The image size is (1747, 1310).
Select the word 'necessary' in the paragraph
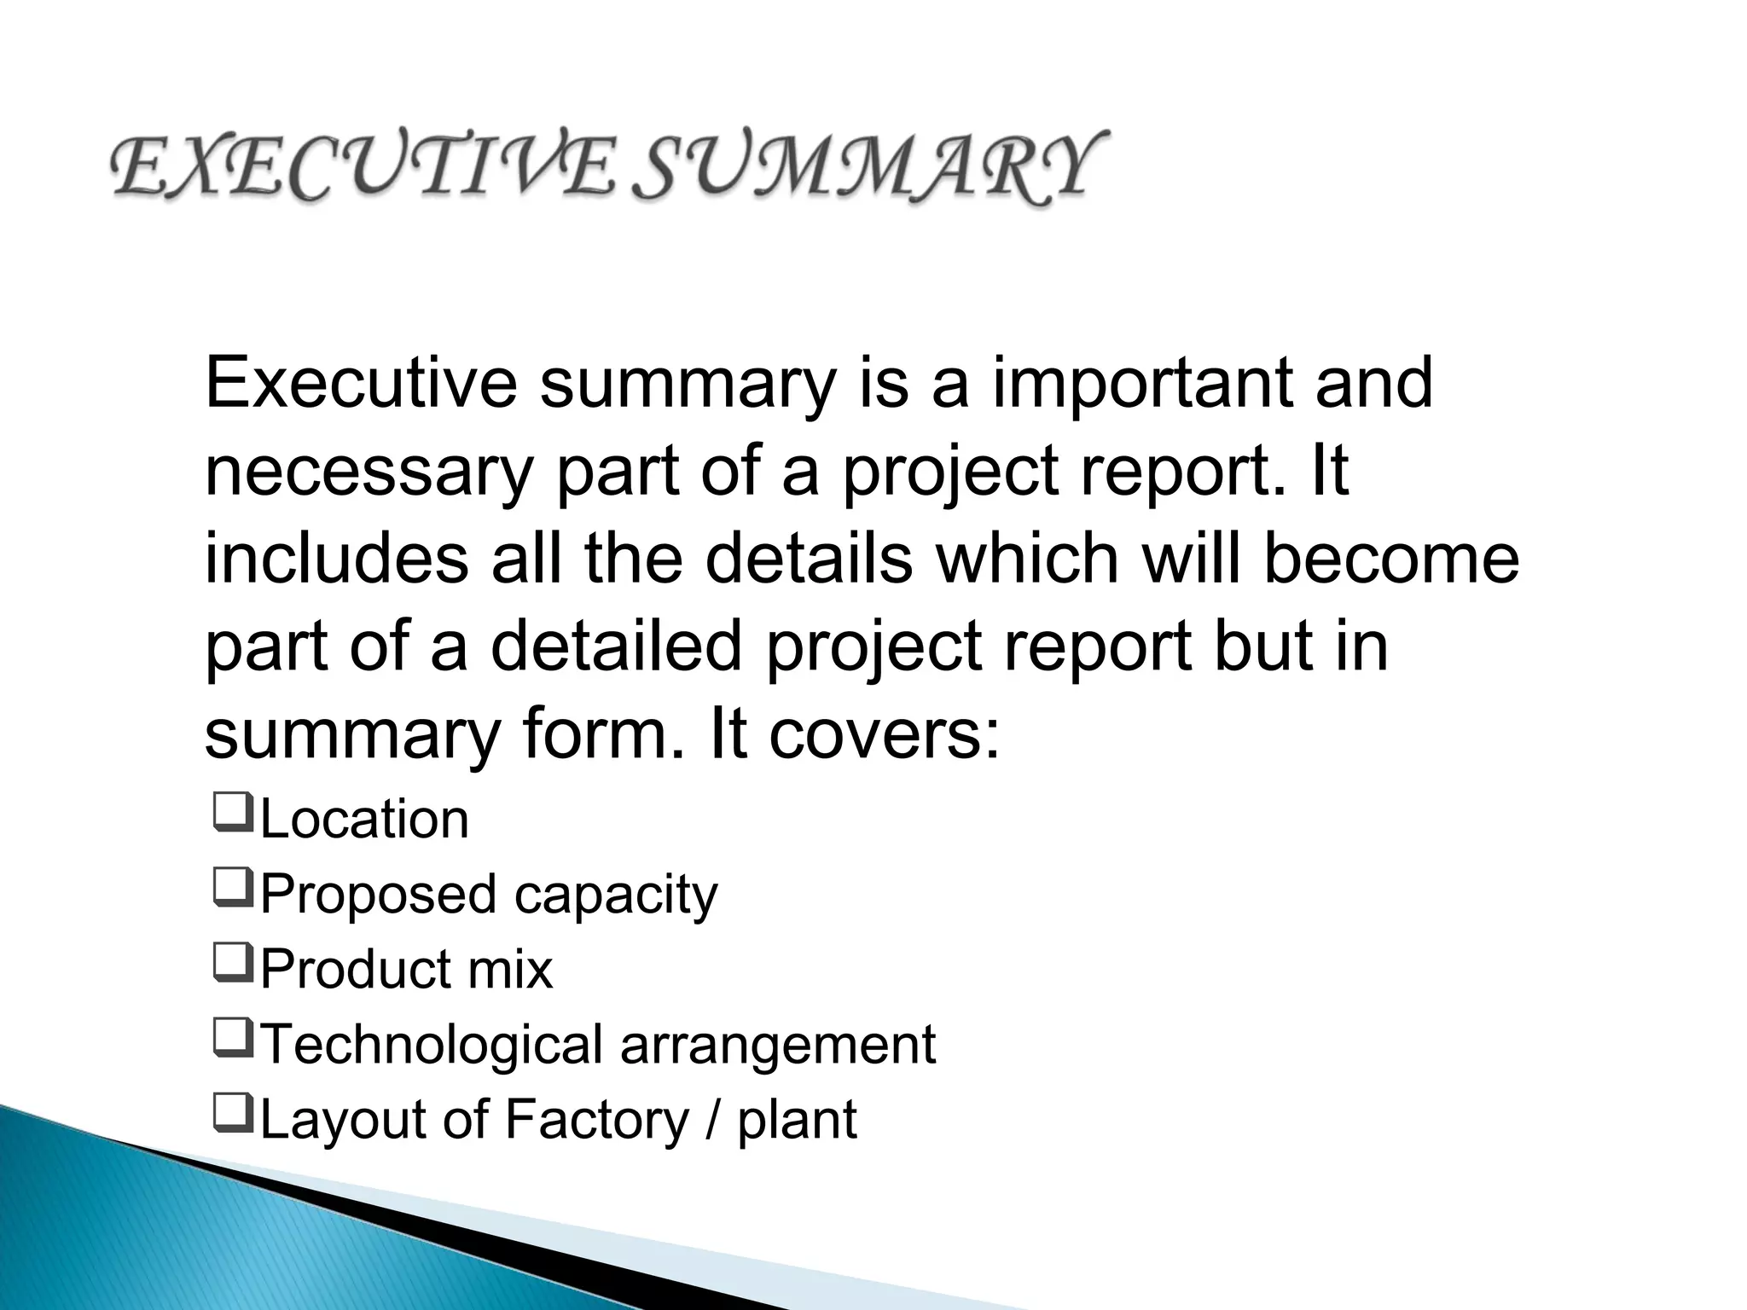coord(368,474)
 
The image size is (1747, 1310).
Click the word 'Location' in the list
coord(364,820)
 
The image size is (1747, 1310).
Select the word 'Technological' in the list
coord(432,1046)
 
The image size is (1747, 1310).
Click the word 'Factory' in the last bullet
coord(596,1119)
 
